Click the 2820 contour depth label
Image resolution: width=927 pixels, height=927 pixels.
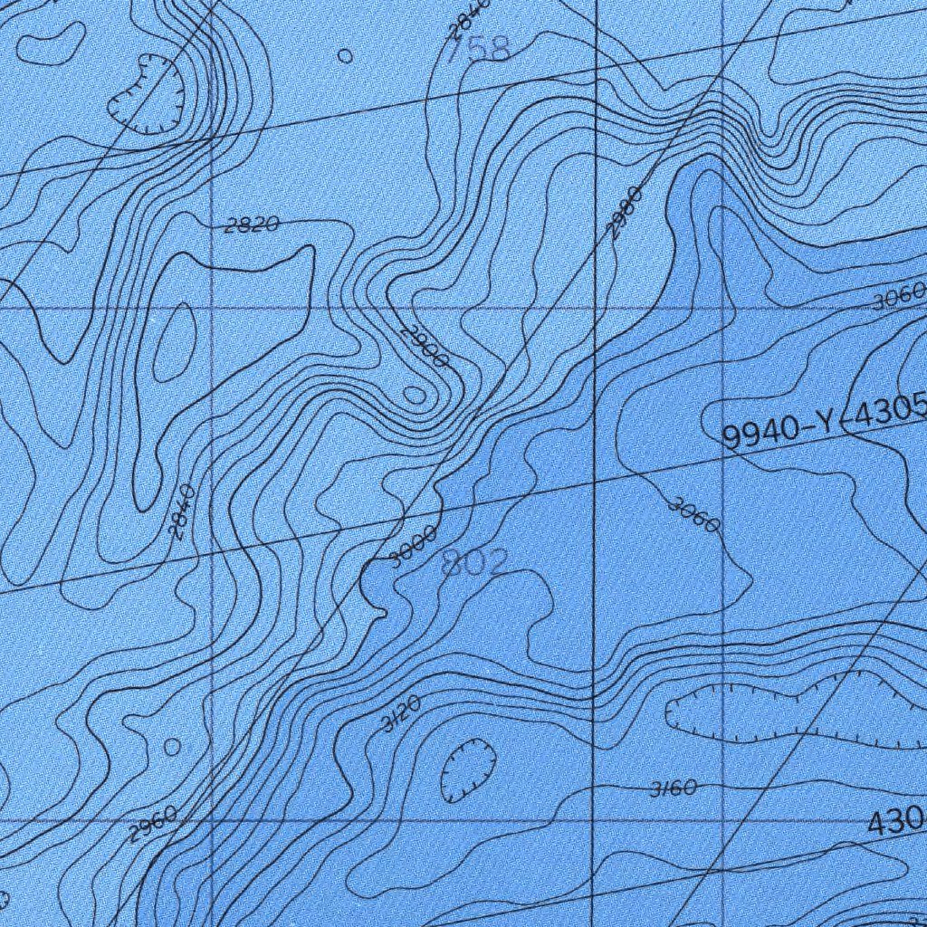pos(251,225)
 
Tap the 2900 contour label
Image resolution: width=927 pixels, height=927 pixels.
pos(424,346)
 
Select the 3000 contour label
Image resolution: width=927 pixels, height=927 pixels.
pos(413,546)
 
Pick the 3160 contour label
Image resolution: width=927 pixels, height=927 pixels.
pos(674,788)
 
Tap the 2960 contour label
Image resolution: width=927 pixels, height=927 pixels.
pos(152,823)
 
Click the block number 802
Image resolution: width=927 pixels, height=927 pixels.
pos(474,564)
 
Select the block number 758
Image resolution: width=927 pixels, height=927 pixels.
pos(478,48)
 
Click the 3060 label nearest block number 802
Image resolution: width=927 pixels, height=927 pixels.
pos(694,515)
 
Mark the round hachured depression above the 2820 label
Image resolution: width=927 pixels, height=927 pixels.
pos(147,93)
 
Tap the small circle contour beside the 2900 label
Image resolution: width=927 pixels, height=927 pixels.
pos(414,395)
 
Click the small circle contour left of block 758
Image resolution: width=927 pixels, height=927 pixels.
pos(345,56)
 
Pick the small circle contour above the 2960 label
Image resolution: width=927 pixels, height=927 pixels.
pos(172,747)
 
